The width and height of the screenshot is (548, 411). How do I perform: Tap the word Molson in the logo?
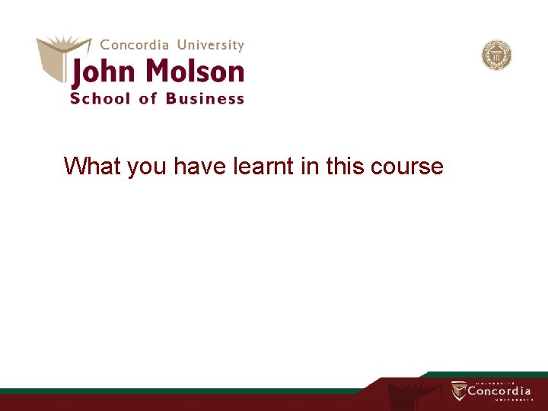[194, 72]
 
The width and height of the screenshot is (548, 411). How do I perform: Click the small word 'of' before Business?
[148, 98]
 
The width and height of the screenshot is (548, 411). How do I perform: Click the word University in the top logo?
[208, 45]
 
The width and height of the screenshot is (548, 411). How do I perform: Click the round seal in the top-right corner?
[496, 56]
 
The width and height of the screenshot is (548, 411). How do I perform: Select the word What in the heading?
[93, 166]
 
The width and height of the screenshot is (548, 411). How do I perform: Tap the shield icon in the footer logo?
[458, 391]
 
